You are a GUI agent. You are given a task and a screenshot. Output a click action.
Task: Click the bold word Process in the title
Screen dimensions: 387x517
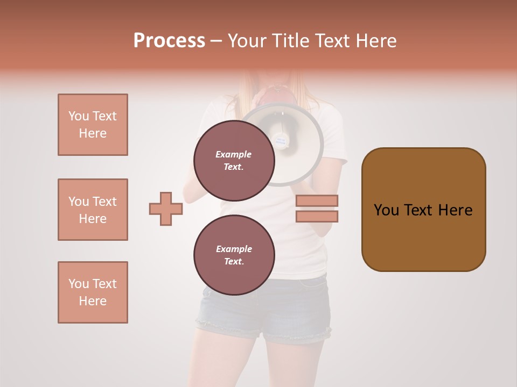169,41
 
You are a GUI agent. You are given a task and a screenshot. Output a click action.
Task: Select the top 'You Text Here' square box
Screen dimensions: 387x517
93,125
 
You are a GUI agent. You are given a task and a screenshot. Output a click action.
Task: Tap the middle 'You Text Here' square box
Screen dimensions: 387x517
93,210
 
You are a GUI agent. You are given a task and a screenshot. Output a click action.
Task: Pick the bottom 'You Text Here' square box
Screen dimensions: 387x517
93,292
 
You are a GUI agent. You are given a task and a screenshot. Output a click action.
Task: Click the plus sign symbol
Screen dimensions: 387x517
165,209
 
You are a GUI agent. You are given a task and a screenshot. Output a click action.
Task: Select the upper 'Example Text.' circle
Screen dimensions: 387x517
234,160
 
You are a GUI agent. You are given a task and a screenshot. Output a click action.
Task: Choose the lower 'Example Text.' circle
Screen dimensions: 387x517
234,255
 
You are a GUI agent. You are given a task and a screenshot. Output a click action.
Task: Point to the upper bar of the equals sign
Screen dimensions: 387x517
317,201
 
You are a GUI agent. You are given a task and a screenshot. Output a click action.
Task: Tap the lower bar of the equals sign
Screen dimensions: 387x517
317,216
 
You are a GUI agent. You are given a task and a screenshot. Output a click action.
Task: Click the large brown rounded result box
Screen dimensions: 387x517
423,210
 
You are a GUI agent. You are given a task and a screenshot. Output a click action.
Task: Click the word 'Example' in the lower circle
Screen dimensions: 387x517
234,249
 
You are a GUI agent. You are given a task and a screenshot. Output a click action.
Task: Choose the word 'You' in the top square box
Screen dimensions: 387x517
79,116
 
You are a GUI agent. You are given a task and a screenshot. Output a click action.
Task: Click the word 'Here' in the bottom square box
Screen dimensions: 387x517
93,301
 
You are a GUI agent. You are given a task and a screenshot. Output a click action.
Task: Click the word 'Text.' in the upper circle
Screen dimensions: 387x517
234,167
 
